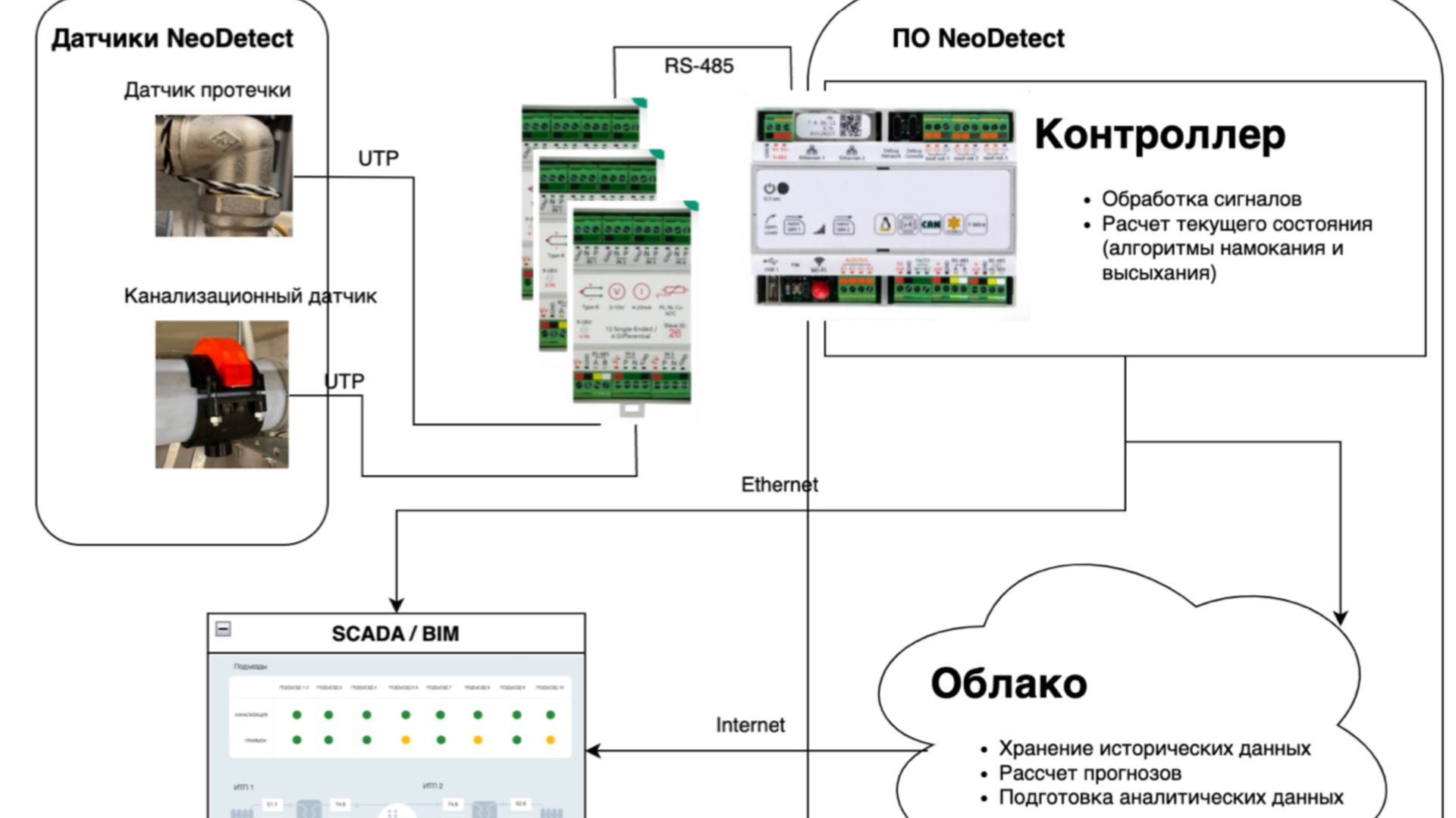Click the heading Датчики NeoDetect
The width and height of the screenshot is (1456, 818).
pos(172,39)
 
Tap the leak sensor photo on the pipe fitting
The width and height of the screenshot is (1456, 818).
pos(224,176)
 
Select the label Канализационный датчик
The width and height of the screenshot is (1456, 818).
pos(249,296)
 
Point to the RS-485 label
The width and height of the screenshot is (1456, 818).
pos(698,66)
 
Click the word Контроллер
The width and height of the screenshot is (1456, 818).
pos(1159,134)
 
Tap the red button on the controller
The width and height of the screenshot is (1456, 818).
pos(820,290)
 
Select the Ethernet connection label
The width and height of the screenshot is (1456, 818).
pos(779,484)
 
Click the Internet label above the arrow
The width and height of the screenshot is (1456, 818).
pos(750,726)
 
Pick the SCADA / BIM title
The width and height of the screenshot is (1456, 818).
pos(395,634)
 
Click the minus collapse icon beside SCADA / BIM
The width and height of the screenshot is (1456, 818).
pos(223,629)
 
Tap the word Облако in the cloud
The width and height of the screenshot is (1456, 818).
pos(1009,683)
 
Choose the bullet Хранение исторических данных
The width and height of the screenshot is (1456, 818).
pos(1154,748)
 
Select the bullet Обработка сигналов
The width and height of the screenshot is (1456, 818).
pos(1201,199)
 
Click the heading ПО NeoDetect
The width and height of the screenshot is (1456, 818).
pos(977,39)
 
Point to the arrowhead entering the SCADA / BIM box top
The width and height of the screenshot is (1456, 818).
pos(396,605)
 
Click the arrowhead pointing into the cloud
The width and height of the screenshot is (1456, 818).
pos(1340,617)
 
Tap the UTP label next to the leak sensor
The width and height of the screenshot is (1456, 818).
pos(378,158)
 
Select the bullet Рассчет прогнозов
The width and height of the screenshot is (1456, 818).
pos(1090,773)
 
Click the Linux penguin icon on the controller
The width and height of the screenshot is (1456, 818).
pos(883,224)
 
